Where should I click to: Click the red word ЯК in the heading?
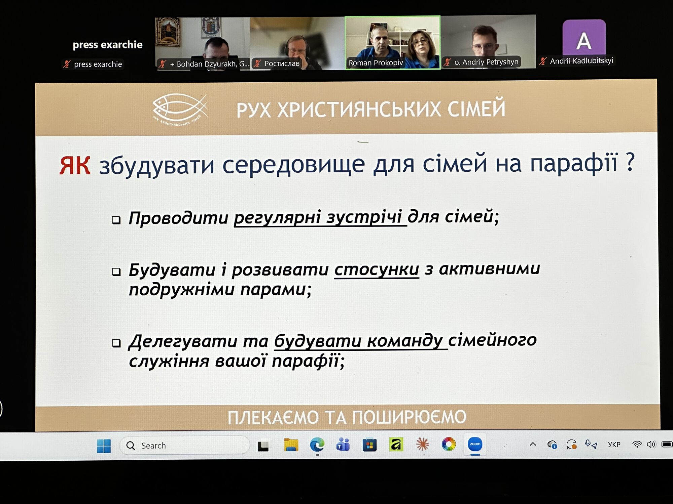tap(75, 165)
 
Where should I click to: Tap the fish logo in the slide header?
tap(180, 108)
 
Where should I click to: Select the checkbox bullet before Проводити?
tap(116, 220)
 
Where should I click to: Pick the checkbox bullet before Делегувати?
tap(116, 343)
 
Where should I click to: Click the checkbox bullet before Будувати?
tap(116, 271)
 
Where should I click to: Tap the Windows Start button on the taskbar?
tap(104, 446)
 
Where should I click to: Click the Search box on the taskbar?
tap(184, 446)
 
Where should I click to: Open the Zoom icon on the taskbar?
tap(475, 444)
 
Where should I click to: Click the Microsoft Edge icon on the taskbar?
tap(317, 445)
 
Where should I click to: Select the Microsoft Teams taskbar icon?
tap(343, 445)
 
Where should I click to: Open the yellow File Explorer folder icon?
tap(291, 445)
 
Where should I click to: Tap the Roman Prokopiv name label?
tap(376, 63)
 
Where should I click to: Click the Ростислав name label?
tap(282, 63)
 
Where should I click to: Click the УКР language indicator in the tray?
tap(614, 445)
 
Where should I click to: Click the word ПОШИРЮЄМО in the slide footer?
tap(409, 417)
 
